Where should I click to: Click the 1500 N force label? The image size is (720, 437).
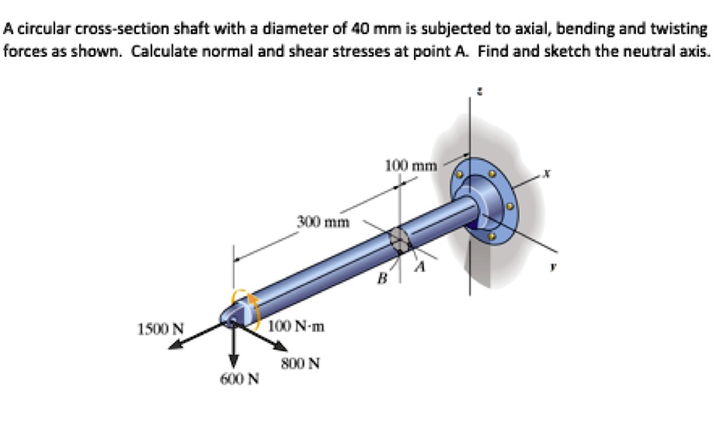click(161, 328)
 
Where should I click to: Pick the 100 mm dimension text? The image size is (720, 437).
click(411, 165)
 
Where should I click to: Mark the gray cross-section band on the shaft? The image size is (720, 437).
click(398, 240)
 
